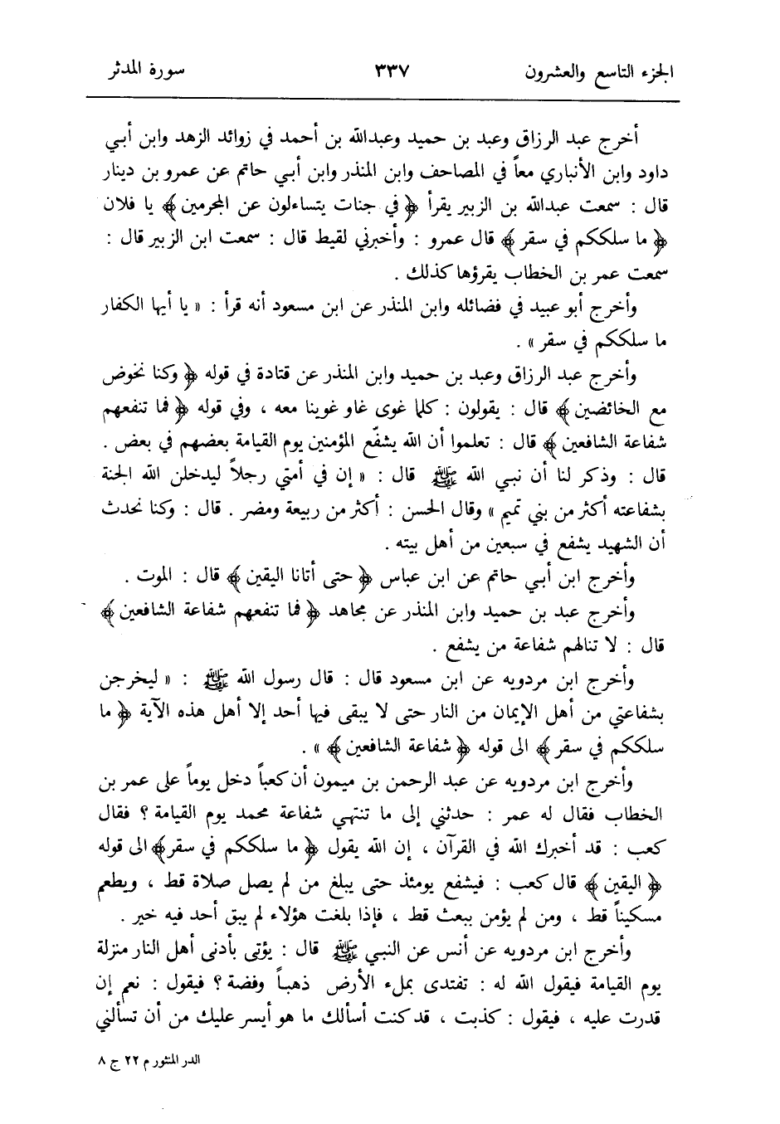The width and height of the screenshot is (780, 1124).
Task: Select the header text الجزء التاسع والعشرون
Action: tap(598, 71)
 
